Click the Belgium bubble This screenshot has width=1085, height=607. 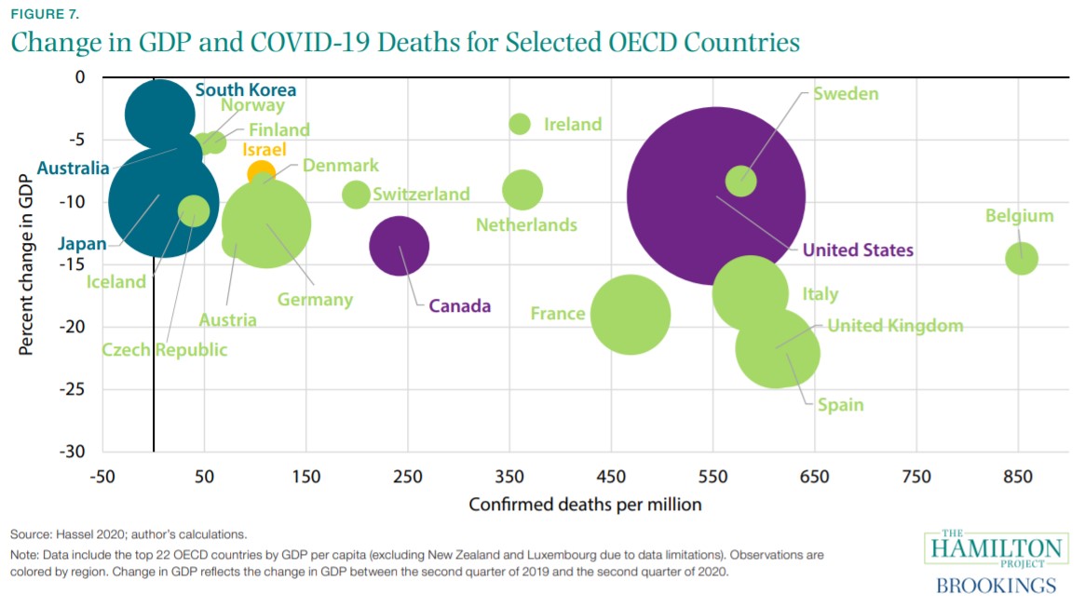(1022, 258)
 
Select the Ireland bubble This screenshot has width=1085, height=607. (521, 124)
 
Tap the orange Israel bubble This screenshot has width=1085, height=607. (261, 173)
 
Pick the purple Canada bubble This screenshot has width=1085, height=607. (400, 247)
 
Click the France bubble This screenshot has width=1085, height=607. (631, 315)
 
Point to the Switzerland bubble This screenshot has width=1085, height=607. (356, 195)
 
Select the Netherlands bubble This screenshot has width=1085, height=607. (522, 190)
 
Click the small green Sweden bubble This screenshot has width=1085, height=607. (741, 180)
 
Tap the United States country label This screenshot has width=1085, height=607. (858, 250)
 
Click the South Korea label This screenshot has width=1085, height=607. (246, 90)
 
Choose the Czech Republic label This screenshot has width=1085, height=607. (165, 350)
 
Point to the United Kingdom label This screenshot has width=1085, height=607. (895, 326)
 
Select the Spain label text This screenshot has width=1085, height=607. (840, 405)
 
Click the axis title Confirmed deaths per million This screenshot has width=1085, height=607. (585, 505)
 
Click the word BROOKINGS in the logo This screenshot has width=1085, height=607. (996, 586)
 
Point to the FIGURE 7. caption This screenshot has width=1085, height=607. (45, 14)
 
